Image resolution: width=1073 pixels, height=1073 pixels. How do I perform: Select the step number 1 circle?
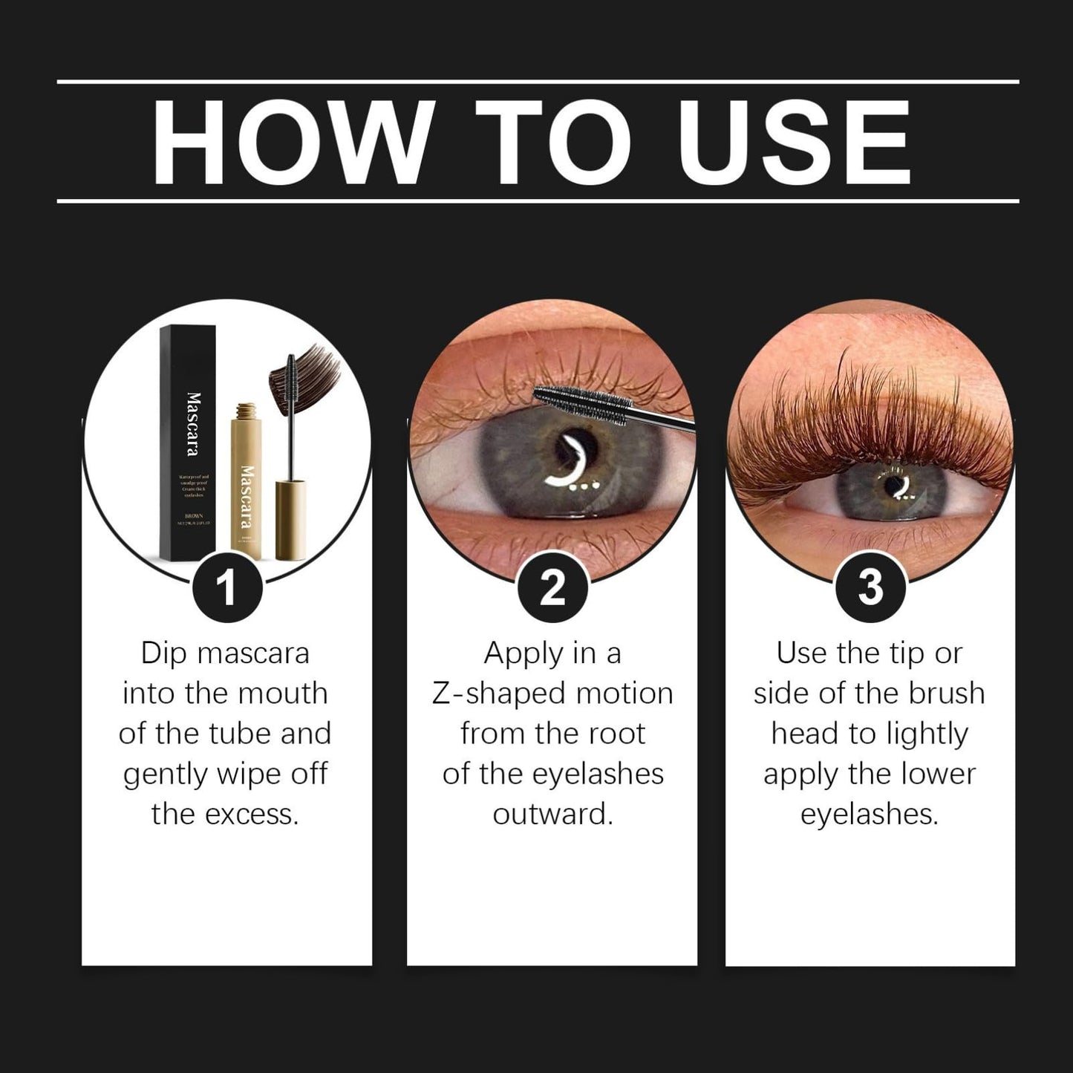226,588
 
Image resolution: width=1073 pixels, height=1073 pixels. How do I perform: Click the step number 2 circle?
552,588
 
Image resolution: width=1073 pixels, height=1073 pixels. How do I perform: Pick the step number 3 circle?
870,588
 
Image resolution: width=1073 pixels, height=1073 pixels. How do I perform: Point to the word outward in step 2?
552,815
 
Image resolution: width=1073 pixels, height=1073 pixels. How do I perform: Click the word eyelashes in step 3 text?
869,815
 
